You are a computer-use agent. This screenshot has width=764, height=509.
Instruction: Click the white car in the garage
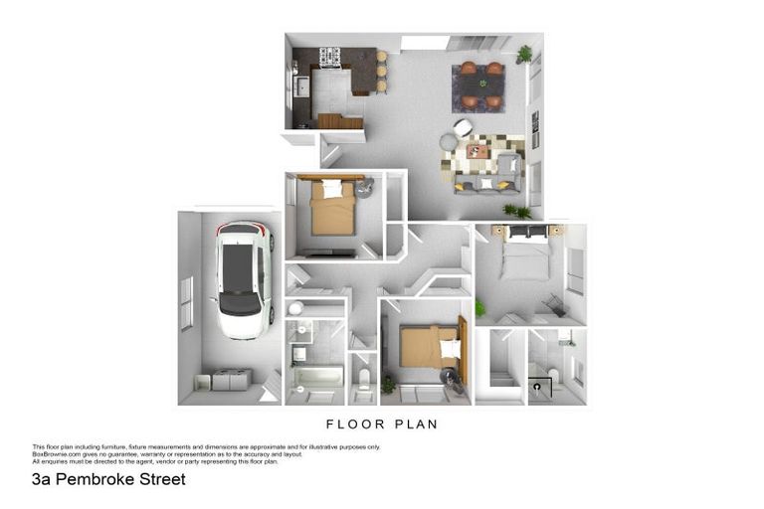click(x=242, y=278)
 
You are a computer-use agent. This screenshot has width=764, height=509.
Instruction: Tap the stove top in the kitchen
click(x=329, y=57)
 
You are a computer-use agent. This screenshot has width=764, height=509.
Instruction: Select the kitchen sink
click(x=298, y=85)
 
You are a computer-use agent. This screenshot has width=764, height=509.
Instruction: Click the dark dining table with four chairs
click(x=481, y=85)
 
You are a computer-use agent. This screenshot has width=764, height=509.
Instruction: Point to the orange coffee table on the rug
click(x=477, y=152)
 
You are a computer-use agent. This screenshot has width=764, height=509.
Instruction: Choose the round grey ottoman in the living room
click(x=449, y=143)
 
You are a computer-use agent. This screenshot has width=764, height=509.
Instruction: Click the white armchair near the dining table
click(x=464, y=127)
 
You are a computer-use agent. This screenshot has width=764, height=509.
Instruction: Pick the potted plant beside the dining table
click(x=524, y=54)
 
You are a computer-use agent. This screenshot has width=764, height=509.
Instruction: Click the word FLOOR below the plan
click(x=353, y=424)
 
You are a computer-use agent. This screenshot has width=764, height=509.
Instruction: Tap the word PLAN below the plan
click(x=415, y=424)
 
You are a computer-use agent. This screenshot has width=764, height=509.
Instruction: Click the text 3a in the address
click(x=41, y=479)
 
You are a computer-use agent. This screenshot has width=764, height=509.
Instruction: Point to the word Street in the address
click(x=159, y=479)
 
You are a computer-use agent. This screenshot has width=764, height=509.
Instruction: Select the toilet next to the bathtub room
click(x=364, y=379)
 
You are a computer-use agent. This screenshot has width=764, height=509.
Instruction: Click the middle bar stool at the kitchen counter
click(x=381, y=72)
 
